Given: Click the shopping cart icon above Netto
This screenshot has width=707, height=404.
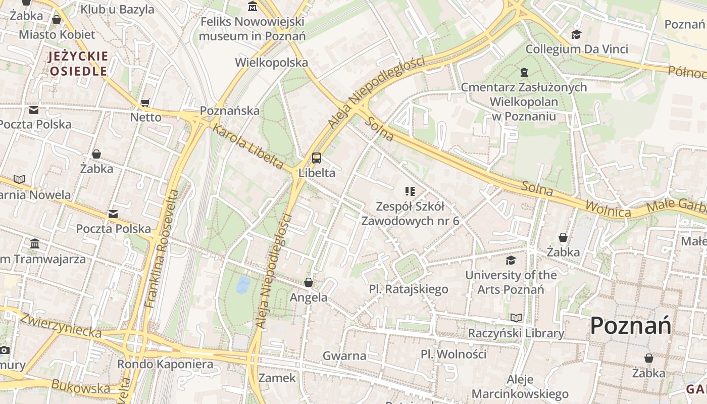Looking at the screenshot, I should (145, 103).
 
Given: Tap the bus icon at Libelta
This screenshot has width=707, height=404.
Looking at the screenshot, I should (317, 158).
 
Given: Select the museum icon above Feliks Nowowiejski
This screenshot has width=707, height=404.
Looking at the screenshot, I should (252, 7).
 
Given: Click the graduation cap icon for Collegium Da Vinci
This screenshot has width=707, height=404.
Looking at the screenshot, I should (576, 34).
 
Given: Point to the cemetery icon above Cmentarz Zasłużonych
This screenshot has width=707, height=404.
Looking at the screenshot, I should (524, 73).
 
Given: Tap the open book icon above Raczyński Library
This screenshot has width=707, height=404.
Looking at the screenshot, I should (516, 318).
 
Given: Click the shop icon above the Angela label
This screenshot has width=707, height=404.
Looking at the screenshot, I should (309, 282).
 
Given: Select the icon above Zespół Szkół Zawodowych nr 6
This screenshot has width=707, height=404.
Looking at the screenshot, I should (410, 191).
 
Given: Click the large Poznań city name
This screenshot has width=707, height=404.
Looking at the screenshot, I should (631, 326).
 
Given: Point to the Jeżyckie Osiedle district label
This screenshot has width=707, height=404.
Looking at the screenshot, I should (78, 64).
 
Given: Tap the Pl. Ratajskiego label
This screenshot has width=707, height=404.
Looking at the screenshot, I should (409, 289).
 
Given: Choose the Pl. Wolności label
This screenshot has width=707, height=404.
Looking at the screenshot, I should (453, 354).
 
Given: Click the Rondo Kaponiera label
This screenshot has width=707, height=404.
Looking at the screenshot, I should (165, 364).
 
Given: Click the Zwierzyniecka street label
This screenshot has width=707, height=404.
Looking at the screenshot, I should (61, 326).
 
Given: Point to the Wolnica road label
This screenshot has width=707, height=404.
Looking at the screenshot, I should (608, 209).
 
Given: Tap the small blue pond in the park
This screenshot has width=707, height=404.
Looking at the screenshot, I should (243, 285).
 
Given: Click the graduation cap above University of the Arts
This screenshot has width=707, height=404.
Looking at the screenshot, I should (511, 260).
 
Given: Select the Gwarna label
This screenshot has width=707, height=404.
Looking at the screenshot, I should (344, 356).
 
